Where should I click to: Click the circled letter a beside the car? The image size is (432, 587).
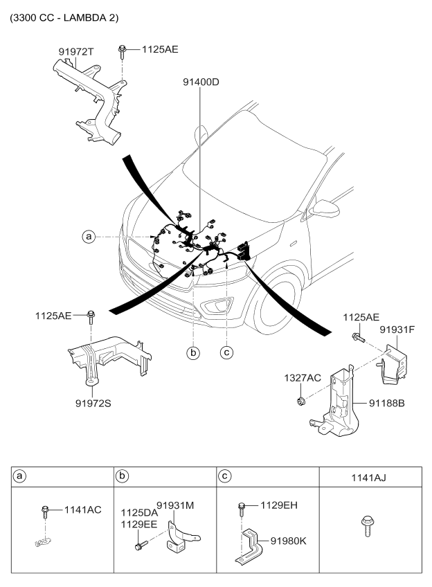pos(88,237)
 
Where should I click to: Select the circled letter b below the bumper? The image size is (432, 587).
pos(194,352)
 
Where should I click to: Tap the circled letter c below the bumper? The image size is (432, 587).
pos(226,352)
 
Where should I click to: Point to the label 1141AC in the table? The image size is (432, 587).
pos(83,510)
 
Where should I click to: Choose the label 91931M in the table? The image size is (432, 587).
pos(175,505)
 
